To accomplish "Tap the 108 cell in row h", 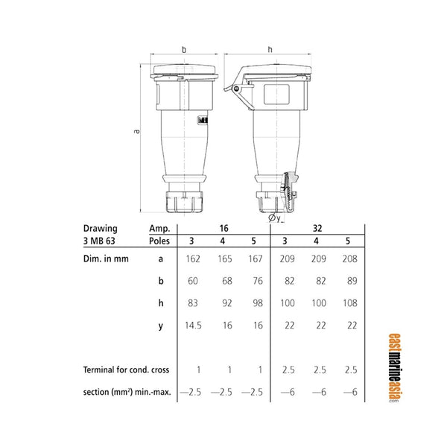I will tap(346, 304).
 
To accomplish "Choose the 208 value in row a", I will tap(346, 259).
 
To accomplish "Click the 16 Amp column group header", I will tap(223, 227).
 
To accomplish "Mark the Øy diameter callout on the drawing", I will tap(273, 218).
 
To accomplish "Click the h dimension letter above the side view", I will tap(270, 50).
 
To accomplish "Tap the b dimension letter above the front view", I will tap(184, 50).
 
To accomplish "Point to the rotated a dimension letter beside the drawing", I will tap(137, 132).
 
